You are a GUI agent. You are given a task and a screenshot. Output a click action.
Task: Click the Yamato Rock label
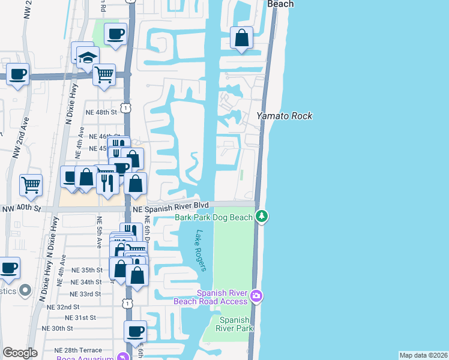pyautogui.click(x=285, y=116)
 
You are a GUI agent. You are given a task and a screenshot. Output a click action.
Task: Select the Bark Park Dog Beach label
pyautogui.click(x=214, y=218)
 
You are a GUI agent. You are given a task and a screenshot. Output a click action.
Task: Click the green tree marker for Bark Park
pyautogui.click(x=261, y=215)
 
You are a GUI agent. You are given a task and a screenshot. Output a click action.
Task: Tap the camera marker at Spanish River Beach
pyautogui.click(x=256, y=295)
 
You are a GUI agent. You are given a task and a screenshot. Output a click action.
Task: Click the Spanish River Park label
pyautogui.click(x=235, y=324)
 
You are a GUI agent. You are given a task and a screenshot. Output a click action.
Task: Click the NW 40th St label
pyautogui.click(x=21, y=209)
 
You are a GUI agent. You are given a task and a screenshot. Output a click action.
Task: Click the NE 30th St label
pyautogui.click(x=58, y=328)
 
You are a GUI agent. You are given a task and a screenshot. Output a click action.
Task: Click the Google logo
pyautogui.click(x=20, y=352)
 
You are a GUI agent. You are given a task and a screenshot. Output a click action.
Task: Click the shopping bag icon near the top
pyautogui.click(x=241, y=38)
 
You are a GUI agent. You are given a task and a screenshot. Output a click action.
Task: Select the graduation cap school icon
pyautogui.click(x=87, y=58)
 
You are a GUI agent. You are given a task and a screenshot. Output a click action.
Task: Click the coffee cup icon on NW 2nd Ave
pyautogui.click(x=18, y=75)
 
